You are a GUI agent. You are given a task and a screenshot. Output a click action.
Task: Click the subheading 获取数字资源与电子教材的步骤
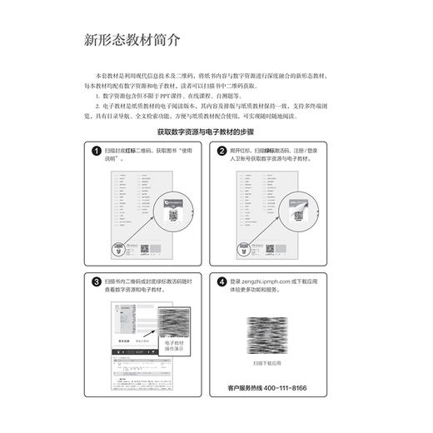[x=216, y=132]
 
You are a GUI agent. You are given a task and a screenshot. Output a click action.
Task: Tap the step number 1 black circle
[x=97, y=151]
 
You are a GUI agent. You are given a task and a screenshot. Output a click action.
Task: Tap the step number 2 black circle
[x=222, y=151]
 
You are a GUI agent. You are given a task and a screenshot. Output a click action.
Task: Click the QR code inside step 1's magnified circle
[x=174, y=214]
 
